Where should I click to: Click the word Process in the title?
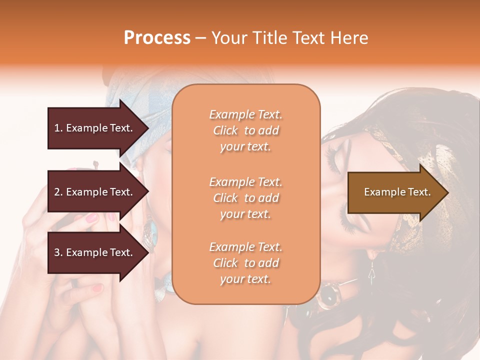click(x=157, y=38)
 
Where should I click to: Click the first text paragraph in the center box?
click(x=245, y=130)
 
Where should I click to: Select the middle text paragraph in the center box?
click(x=245, y=198)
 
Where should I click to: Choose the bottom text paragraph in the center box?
click(x=245, y=263)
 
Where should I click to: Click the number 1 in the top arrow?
click(x=57, y=128)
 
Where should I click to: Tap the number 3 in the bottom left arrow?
click(x=57, y=252)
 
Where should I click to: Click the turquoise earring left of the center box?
click(x=151, y=232)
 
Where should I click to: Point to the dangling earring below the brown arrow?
click(x=371, y=272)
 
